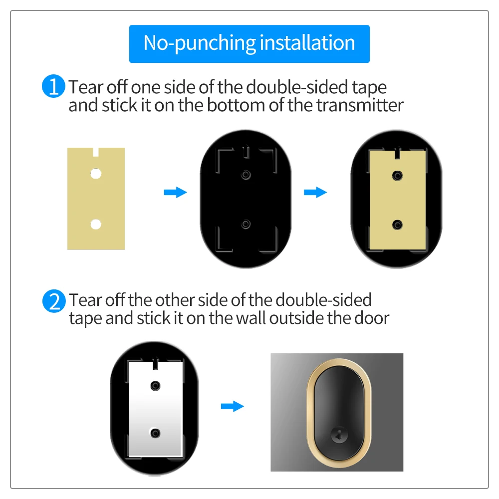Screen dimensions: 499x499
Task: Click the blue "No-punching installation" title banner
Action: pos(249,43)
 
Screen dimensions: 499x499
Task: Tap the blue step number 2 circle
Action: pos(53,301)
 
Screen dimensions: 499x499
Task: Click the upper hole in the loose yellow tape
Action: pos(95,174)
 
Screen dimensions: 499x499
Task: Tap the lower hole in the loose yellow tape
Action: pos(95,224)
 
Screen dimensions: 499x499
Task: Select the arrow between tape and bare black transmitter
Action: pos(175,192)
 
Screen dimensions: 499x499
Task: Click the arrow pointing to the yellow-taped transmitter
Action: pos(315,192)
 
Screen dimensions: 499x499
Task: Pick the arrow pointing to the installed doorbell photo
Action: pos(232,406)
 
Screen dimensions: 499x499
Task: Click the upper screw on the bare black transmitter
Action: pos(245,175)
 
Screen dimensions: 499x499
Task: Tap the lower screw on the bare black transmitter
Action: pos(245,224)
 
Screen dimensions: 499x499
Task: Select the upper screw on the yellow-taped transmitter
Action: pos(397,175)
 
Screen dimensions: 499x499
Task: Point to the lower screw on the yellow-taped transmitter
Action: pos(397,224)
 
